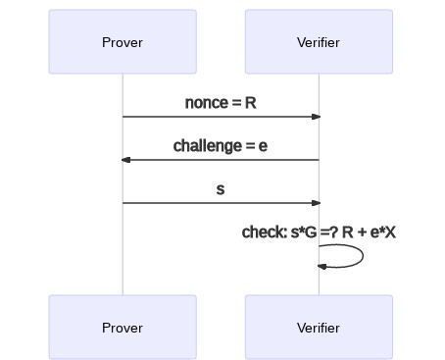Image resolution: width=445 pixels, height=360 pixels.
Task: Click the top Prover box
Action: [123, 42]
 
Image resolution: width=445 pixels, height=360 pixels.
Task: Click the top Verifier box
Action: [319, 42]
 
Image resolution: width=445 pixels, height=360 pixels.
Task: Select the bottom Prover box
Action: [123, 328]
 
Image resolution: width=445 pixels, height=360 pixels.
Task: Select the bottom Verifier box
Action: [319, 328]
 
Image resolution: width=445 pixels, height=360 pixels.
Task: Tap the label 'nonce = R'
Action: [221, 103]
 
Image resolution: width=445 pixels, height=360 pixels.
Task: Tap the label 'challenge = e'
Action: [221, 146]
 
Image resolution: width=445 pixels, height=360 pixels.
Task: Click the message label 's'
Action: [221, 189]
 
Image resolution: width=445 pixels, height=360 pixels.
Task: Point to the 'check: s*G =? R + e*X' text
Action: [319, 232]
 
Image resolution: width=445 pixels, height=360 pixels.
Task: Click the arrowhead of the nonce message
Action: [316, 117]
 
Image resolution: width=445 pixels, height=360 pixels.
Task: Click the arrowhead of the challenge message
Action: [125, 160]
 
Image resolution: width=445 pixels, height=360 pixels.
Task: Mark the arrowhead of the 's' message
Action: [316, 203]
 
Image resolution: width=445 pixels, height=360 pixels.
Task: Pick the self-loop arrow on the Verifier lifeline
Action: [361, 256]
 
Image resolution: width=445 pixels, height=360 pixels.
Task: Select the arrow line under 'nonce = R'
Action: [221, 117]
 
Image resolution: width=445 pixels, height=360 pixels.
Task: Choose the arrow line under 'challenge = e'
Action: [221, 160]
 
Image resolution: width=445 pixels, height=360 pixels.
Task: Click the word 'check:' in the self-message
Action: [264, 232]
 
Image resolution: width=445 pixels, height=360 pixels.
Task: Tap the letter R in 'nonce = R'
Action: [251, 103]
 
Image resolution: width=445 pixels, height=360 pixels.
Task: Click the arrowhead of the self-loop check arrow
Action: [321, 266]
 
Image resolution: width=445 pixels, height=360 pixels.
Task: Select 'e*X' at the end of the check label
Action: [382, 232]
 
